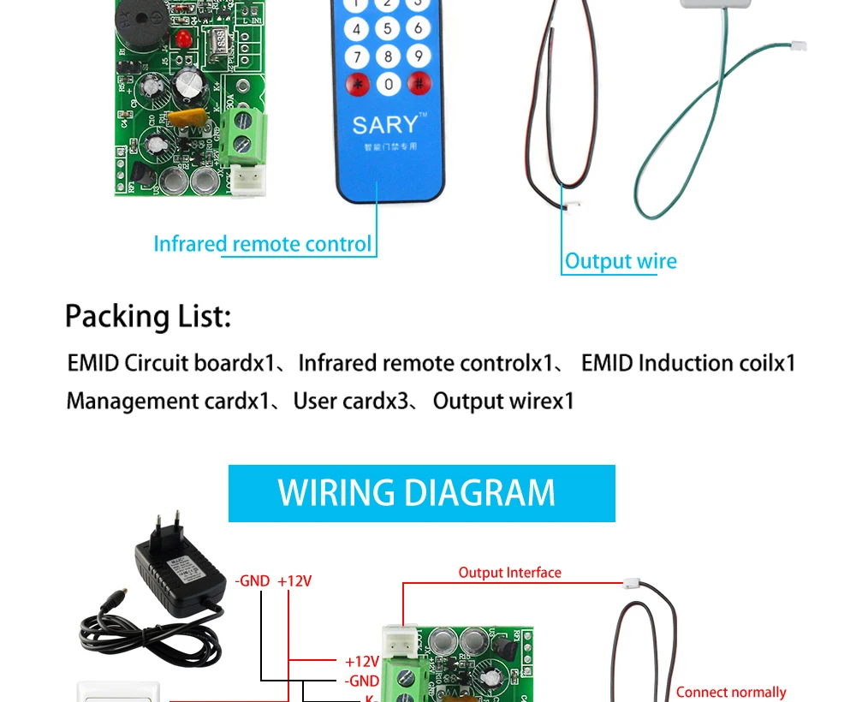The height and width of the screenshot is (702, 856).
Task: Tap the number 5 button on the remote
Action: (x=388, y=28)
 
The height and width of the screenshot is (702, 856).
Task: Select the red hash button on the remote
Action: (x=419, y=83)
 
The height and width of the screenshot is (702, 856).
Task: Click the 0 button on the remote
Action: (x=388, y=84)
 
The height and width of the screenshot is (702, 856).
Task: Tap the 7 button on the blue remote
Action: (x=356, y=57)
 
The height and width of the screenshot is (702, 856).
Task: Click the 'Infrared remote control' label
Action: (x=263, y=244)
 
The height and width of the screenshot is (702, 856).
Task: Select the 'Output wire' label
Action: (x=621, y=262)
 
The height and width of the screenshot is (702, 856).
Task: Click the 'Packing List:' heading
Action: (x=148, y=317)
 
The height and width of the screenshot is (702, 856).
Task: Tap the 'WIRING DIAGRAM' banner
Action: (x=421, y=493)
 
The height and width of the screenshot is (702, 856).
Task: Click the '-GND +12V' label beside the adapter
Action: (x=273, y=581)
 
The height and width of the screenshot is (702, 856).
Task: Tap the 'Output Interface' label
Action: (x=509, y=573)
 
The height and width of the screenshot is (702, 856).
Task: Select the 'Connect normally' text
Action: (x=730, y=692)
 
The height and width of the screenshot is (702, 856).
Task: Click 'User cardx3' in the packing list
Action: (x=351, y=401)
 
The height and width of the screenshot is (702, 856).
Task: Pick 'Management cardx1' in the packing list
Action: (x=168, y=401)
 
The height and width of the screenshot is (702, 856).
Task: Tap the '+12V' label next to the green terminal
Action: (x=361, y=661)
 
